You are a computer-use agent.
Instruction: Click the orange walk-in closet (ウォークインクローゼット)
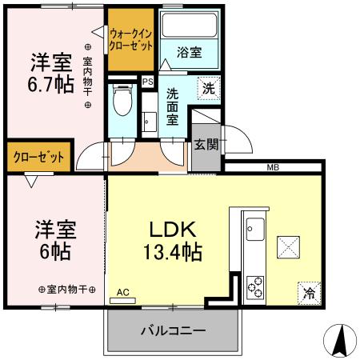[131, 40]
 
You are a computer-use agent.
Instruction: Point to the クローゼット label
[38, 157]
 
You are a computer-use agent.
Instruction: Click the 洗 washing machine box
[209, 89]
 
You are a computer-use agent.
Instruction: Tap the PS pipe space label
[147, 81]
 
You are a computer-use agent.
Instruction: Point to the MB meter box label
[273, 167]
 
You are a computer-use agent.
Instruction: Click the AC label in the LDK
[122, 293]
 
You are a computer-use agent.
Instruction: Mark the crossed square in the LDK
[289, 246]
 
